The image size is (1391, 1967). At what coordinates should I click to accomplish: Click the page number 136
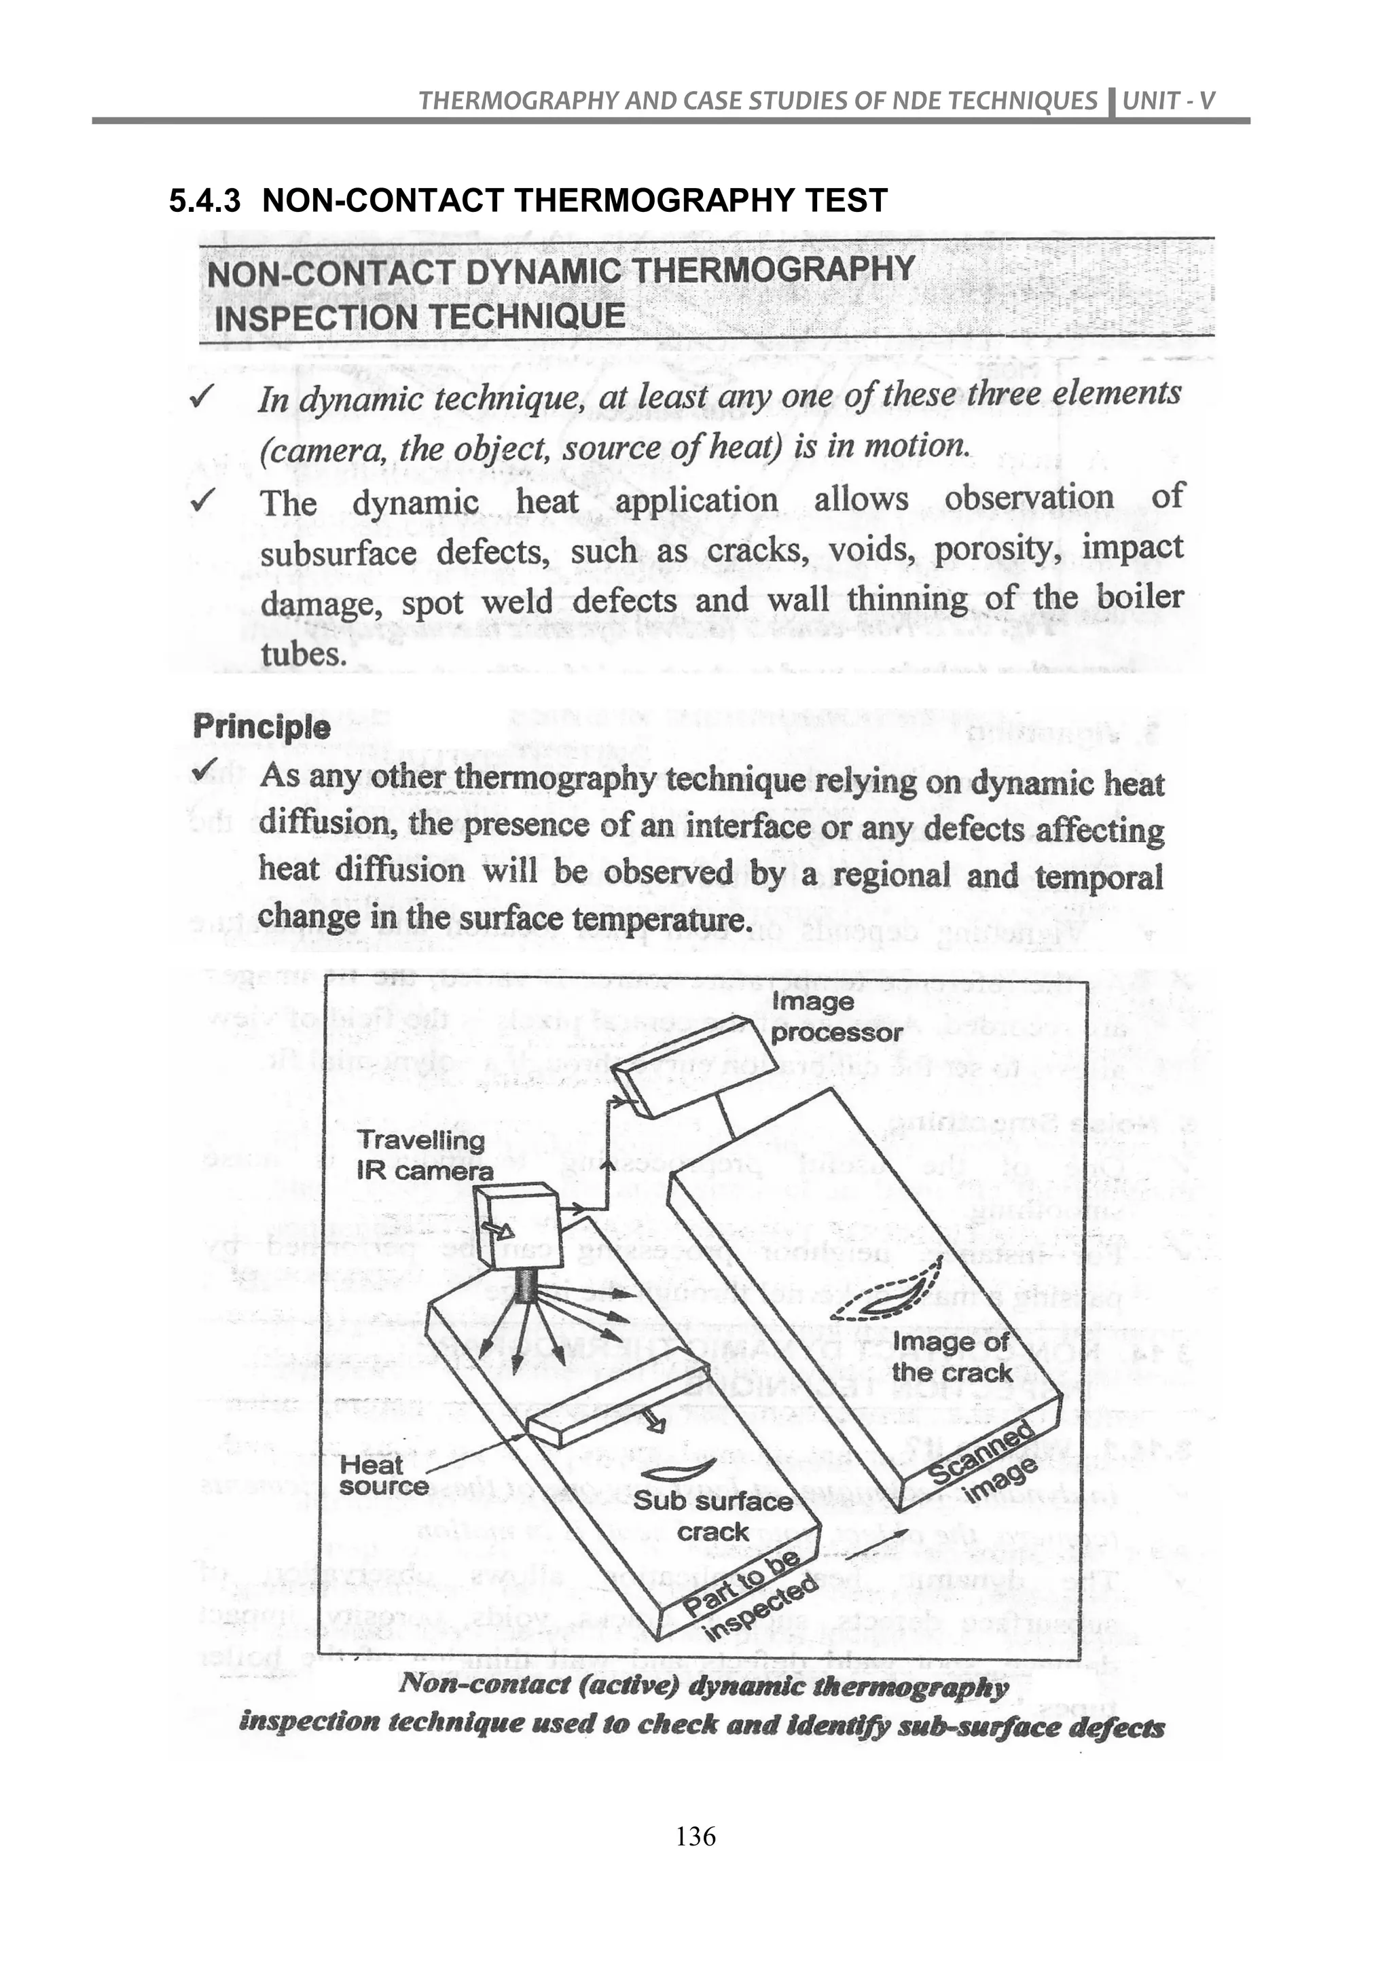695,1837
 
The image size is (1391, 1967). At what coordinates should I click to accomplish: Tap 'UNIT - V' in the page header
1168,101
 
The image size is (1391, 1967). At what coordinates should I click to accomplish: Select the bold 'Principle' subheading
261,727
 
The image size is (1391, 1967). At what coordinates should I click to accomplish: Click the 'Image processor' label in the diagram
835,1017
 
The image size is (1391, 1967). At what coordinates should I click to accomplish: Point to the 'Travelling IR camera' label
424,1155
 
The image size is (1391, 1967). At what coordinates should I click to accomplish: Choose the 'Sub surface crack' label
712,1515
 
